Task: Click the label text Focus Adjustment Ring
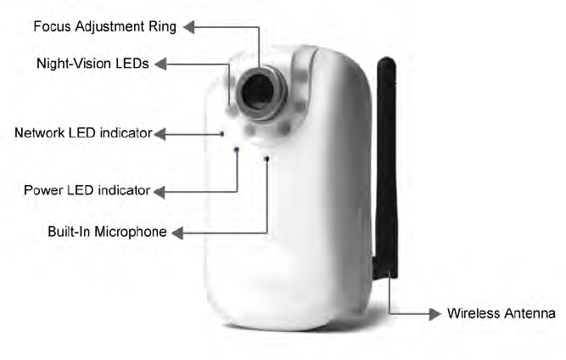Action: [x=104, y=26]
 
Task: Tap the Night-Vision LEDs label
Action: [x=92, y=63]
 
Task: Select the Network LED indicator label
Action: [x=83, y=132]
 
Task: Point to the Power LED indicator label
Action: [x=87, y=190]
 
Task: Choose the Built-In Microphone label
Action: [x=107, y=231]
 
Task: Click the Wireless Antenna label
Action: [x=502, y=313]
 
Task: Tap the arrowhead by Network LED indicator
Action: [x=160, y=133]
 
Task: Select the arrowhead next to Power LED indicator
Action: [x=159, y=191]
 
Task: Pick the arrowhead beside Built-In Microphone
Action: [x=176, y=232]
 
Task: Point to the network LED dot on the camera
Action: [x=221, y=133]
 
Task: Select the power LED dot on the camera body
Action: [x=237, y=149]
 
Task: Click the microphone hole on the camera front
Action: [x=267, y=159]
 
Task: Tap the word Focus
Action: [x=52, y=26]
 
